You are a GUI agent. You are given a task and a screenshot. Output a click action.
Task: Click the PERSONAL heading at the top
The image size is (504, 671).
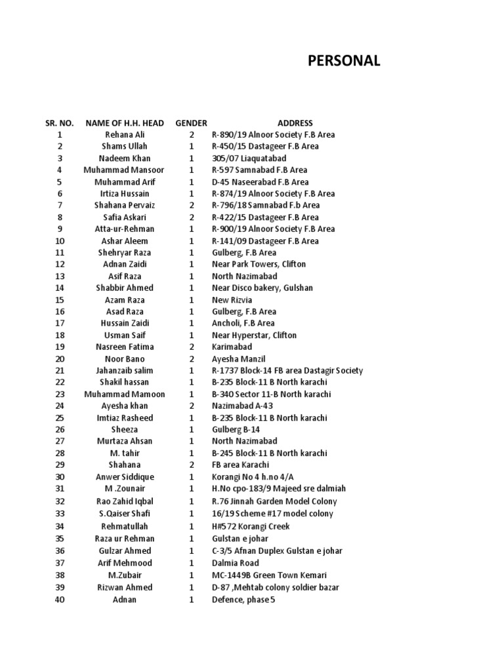coord(344,61)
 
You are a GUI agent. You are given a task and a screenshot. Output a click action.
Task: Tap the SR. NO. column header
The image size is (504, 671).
coord(59,123)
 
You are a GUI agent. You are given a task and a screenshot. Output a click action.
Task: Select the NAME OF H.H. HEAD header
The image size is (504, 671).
coord(125,123)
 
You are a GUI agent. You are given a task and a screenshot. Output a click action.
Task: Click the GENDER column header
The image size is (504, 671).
coord(191,123)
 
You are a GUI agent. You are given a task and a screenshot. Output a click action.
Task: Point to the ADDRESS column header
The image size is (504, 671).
coord(295,123)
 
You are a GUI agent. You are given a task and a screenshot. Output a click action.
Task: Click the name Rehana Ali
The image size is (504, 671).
coord(125,134)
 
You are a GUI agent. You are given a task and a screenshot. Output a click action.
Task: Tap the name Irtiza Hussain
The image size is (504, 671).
coord(125,193)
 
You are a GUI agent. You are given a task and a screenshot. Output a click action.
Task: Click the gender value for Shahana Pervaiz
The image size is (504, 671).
coord(192,205)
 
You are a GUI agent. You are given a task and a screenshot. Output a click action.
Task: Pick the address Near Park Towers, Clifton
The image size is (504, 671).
coord(259,264)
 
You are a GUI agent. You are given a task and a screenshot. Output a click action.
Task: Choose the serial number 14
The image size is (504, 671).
coord(60,288)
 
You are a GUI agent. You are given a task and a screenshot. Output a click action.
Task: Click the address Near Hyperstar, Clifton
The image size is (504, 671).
coord(254,335)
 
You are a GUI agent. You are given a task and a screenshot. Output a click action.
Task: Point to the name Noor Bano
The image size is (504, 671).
coord(125,358)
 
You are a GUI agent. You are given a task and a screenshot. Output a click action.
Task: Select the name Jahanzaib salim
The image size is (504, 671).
coord(125,370)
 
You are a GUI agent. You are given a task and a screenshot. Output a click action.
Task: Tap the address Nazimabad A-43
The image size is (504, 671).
coord(243,406)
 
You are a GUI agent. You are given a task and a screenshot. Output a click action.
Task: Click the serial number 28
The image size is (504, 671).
coord(60,453)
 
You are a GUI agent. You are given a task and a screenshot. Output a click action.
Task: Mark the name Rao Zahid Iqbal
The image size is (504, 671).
coord(125,501)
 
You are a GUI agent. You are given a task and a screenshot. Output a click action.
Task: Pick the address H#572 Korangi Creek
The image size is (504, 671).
coord(251,526)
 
